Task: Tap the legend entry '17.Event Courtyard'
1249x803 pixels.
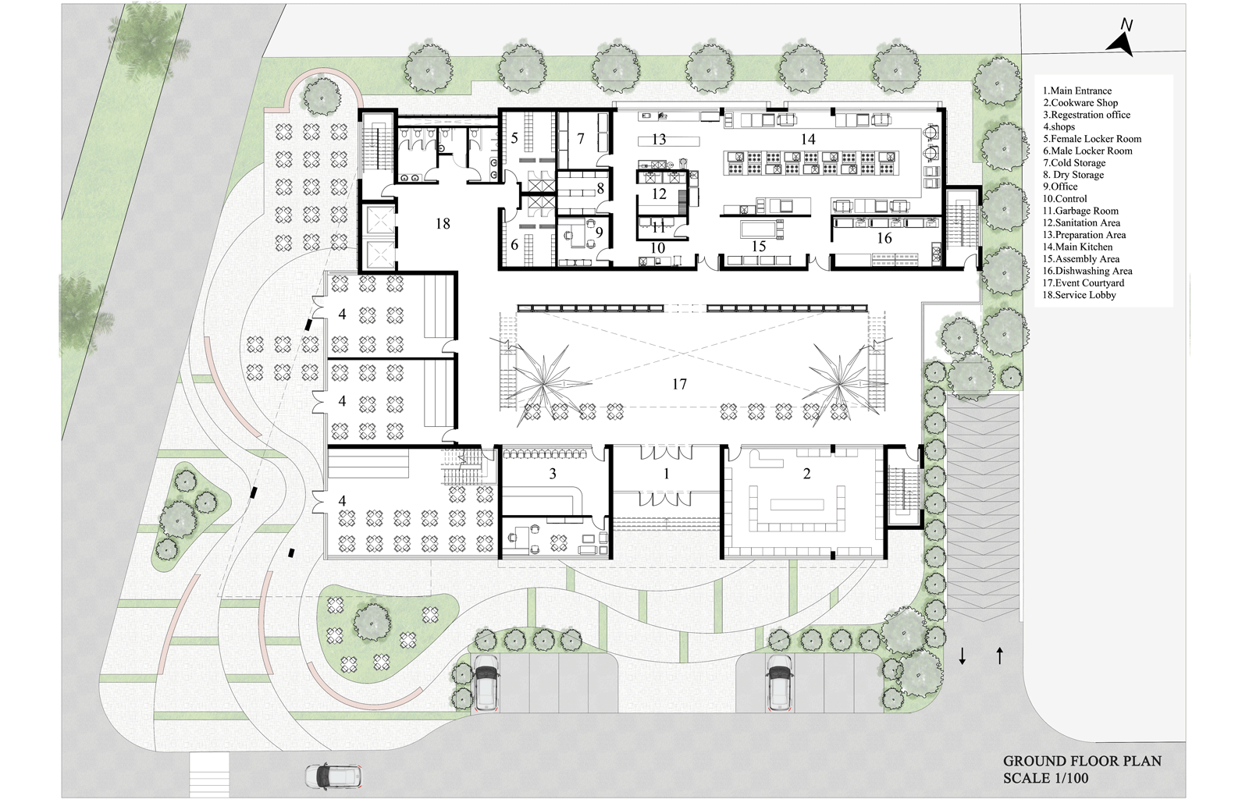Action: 1083,283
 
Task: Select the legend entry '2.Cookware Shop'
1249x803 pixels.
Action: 1080,103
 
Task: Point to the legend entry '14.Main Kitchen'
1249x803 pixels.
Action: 1077,247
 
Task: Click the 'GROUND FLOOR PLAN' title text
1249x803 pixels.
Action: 1082,761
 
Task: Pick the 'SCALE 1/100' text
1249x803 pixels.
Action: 1045,778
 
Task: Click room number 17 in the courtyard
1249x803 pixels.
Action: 679,384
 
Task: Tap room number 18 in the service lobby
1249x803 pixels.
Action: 443,224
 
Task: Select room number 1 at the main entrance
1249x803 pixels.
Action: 667,474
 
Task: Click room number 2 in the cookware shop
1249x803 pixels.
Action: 806,474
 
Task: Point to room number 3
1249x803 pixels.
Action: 553,474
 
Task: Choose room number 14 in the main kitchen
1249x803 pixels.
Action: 808,140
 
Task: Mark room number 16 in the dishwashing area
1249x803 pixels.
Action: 884,239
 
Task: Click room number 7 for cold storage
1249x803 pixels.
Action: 581,139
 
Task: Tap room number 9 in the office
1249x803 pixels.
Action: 600,232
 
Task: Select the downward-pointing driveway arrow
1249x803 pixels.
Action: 962,656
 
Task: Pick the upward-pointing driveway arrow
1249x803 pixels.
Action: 1000,656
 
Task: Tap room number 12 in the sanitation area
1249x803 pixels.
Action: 659,194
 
